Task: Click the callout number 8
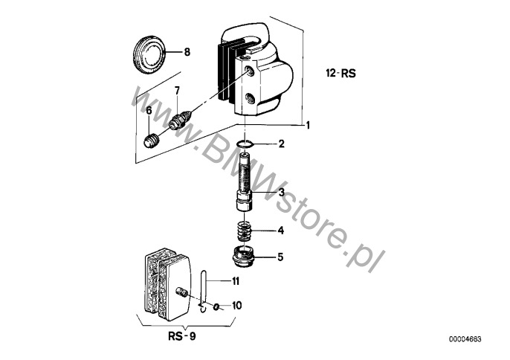(x=187, y=52)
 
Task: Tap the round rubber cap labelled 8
(x=149, y=55)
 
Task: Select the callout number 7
(x=177, y=91)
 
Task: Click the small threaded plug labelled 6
(x=151, y=141)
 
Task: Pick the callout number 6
(x=149, y=111)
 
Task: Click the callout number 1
(x=307, y=125)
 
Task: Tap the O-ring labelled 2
(x=243, y=144)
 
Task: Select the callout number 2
(x=281, y=144)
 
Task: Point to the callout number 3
(x=281, y=192)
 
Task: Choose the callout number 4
(x=281, y=231)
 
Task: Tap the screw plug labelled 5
(x=244, y=256)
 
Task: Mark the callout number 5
(x=280, y=257)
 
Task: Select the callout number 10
(x=237, y=306)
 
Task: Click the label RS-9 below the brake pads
(x=182, y=336)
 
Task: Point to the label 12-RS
(x=340, y=73)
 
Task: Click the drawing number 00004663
(x=465, y=339)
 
